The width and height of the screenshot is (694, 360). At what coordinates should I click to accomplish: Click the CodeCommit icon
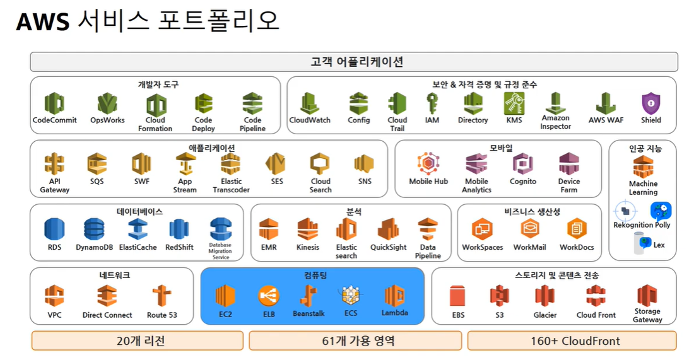click(x=54, y=103)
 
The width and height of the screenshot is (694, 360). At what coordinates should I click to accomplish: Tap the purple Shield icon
click(x=650, y=103)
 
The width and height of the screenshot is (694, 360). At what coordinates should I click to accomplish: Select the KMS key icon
click(x=514, y=103)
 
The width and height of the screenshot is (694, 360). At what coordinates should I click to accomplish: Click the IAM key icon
click(x=432, y=103)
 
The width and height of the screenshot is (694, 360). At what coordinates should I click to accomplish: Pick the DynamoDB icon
click(x=94, y=229)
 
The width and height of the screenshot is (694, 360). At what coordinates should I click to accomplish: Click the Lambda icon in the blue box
click(x=394, y=296)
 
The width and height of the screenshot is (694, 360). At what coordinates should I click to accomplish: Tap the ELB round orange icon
click(x=268, y=296)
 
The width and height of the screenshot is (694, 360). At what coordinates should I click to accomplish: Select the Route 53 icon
click(x=162, y=296)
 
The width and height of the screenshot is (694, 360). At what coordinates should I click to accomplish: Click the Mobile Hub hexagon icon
click(x=428, y=164)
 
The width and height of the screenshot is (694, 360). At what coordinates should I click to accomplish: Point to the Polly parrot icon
click(x=661, y=211)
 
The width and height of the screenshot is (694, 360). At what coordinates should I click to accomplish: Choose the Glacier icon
click(x=544, y=296)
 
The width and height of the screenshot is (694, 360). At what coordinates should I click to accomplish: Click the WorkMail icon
click(x=529, y=229)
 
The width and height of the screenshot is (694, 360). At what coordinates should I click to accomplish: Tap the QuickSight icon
click(x=388, y=229)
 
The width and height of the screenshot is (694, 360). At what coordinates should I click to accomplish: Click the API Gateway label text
click(x=54, y=185)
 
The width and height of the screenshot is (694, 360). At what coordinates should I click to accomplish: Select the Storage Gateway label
click(x=647, y=315)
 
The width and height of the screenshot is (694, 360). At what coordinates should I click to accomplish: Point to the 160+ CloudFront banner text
click(x=575, y=341)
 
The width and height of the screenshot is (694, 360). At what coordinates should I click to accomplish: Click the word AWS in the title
click(x=42, y=23)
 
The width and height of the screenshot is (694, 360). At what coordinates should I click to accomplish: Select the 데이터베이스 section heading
click(x=139, y=212)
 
